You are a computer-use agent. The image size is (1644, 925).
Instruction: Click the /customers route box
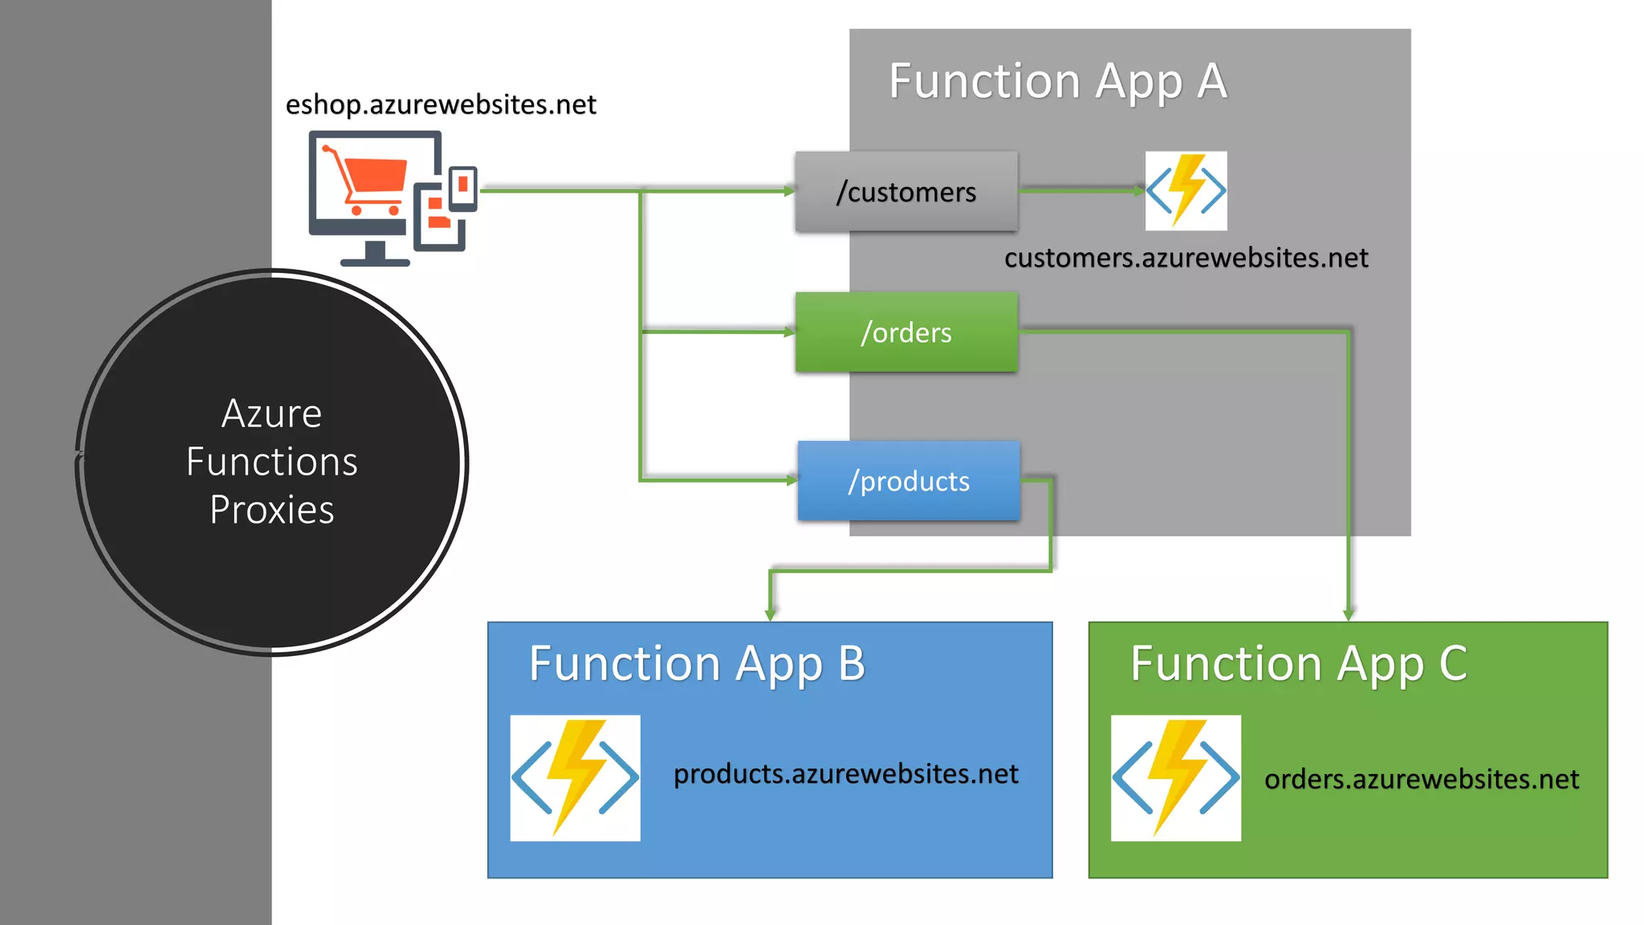pos(906,192)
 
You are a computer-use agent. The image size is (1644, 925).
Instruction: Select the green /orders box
pos(906,332)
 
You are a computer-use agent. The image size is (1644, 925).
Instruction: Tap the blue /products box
pos(909,481)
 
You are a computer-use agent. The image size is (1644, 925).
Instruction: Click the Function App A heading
pos(1058,81)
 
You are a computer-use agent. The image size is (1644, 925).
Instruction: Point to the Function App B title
pos(697,664)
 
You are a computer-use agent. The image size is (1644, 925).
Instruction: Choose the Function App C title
pos(1299,664)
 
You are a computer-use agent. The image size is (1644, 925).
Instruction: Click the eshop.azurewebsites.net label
pos(441,104)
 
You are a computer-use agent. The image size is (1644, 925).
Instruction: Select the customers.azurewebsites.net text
pos(1186,258)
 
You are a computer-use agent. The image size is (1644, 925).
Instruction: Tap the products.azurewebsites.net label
pos(845,774)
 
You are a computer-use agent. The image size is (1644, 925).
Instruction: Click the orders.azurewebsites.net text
pos(1421,780)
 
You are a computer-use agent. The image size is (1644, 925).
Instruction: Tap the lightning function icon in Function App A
pos(1186,191)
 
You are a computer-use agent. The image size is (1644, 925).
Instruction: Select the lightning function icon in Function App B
pos(575,777)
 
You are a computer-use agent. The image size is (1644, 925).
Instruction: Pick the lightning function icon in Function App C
pos(1175,777)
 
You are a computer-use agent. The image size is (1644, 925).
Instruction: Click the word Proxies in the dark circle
pos(272,510)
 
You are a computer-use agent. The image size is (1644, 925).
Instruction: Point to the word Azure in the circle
pos(272,414)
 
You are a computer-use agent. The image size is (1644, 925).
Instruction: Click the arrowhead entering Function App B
pos(770,615)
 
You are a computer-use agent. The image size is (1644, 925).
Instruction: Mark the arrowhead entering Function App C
pos(1349,615)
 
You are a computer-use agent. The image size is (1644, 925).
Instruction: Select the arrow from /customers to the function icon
pos(1080,190)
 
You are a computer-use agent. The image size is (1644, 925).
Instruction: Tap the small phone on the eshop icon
pos(463,188)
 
